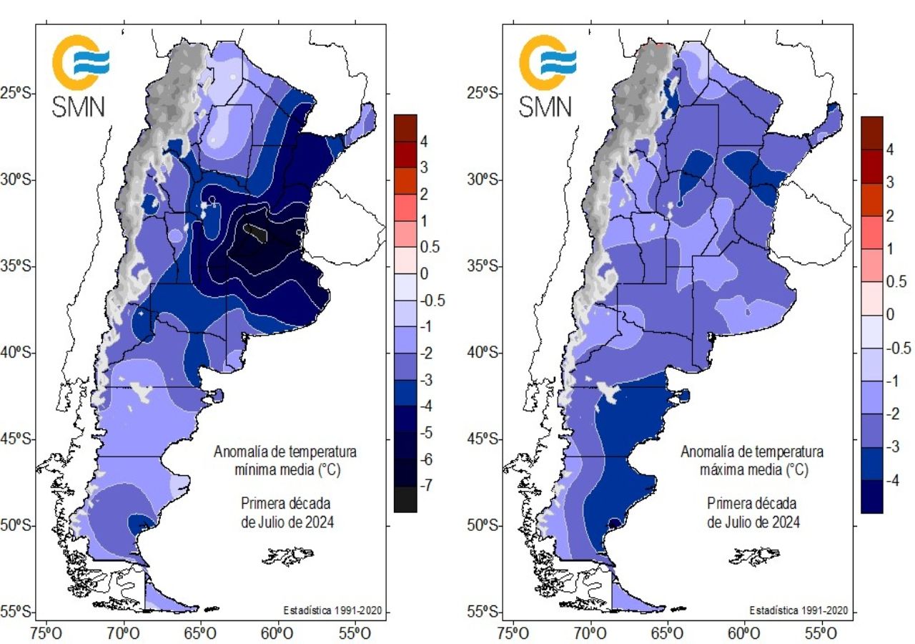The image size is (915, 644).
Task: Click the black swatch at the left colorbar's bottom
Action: tap(405, 499)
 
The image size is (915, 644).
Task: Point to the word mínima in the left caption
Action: tap(261, 470)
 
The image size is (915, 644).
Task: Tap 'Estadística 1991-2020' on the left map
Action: tap(332, 610)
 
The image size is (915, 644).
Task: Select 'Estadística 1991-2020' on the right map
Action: tap(798, 610)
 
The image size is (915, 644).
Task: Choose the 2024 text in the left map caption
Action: tap(317, 522)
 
